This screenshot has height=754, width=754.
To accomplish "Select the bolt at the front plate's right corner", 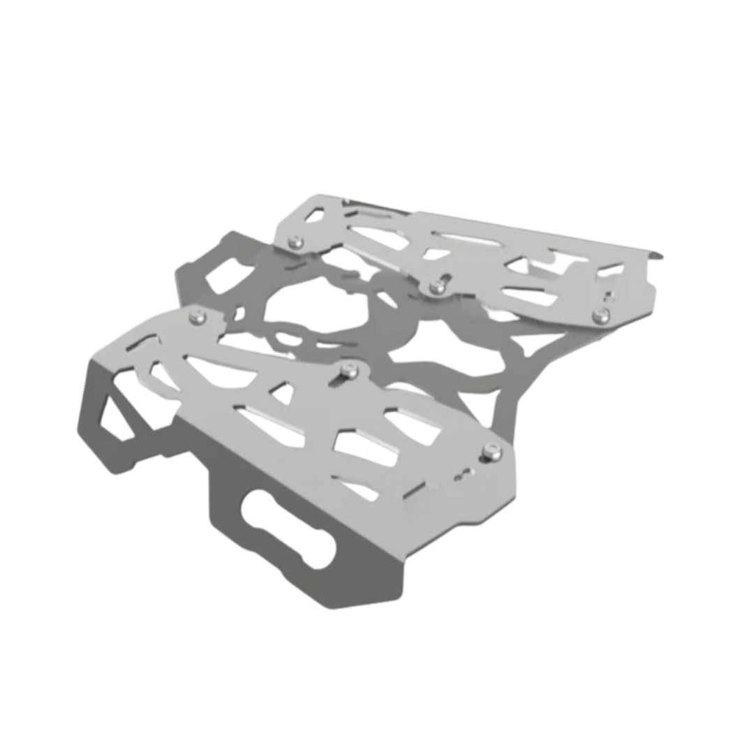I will pos(494,450).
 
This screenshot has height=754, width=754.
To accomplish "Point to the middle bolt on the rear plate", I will pos(438,283).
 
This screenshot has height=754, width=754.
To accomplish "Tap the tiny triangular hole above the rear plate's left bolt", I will pos(312,213).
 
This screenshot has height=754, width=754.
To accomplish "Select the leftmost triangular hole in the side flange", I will pos(112,419).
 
